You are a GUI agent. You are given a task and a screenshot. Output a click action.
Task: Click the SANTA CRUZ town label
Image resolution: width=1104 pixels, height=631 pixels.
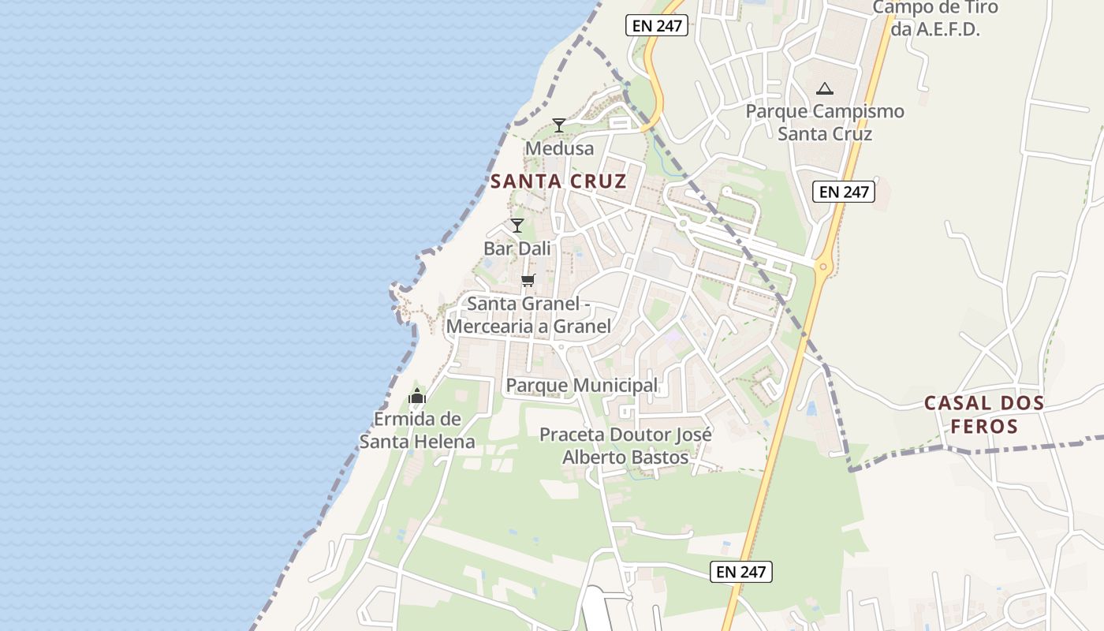(x=558, y=181)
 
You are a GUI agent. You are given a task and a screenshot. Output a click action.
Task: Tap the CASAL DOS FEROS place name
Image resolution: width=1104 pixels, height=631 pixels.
(x=984, y=415)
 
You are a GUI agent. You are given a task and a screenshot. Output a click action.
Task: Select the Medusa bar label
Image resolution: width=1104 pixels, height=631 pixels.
(x=559, y=148)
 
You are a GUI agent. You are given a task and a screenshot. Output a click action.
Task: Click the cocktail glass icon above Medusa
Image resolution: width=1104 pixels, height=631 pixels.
(x=559, y=125)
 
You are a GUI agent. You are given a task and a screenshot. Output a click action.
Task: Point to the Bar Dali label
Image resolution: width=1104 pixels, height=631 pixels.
(x=517, y=248)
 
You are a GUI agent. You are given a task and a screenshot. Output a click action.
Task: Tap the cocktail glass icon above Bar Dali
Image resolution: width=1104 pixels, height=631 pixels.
(x=517, y=226)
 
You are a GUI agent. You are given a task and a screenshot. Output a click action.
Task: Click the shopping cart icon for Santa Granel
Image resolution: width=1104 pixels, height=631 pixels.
(x=528, y=280)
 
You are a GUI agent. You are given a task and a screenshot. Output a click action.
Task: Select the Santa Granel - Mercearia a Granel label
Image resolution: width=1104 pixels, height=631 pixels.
(x=528, y=315)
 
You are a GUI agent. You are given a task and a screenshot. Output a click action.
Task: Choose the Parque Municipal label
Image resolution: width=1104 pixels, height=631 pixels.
(x=582, y=385)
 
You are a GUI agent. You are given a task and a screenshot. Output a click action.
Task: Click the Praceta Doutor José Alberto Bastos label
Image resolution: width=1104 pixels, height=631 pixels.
(x=625, y=446)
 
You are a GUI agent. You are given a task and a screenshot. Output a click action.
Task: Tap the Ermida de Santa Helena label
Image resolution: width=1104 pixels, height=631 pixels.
(x=417, y=430)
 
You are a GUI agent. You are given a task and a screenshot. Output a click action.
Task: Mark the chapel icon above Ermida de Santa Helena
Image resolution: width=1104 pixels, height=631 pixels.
(x=417, y=396)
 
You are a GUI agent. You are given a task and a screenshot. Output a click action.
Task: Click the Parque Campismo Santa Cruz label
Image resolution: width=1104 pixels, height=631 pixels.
(x=825, y=122)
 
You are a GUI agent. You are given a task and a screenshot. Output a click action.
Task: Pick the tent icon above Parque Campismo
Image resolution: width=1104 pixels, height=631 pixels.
(x=825, y=88)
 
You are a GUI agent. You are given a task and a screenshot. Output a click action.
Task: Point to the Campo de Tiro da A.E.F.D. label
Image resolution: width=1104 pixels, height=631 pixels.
(x=935, y=18)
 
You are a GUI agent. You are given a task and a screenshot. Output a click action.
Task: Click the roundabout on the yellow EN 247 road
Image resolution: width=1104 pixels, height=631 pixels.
(x=822, y=267)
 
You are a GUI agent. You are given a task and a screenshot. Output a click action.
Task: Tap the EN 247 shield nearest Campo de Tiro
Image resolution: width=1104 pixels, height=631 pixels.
(x=657, y=25)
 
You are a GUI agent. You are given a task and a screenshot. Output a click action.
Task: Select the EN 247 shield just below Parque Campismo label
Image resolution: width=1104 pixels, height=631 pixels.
(x=844, y=192)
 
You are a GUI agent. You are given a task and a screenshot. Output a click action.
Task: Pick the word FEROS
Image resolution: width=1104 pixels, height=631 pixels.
(x=984, y=427)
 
